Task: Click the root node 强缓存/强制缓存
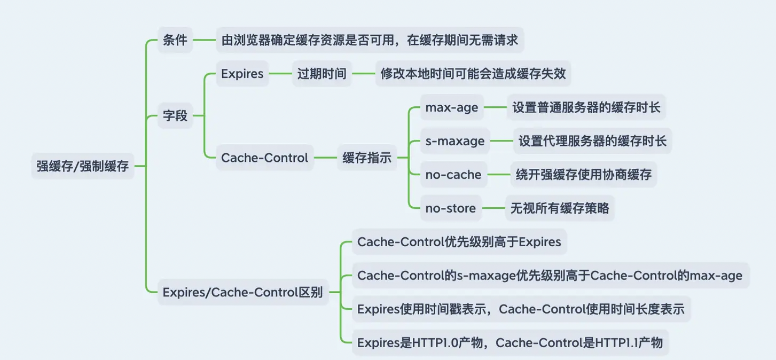point(83,166)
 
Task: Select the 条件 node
point(175,40)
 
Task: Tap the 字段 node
point(175,115)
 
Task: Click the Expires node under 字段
point(242,74)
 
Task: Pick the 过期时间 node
point(322,74)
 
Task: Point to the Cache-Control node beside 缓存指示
point(264,158)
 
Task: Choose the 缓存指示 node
point(367,158)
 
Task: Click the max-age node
point(451,107)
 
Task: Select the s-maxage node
point(454,141)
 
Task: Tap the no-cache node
point(453,175)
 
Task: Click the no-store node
point(450,208)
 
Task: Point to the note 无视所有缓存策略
point(560,208)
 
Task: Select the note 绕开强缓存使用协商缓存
point(583,175)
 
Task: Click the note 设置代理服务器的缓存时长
point(593,141)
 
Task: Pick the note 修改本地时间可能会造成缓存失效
point(473,74)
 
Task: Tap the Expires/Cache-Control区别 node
point(242,292)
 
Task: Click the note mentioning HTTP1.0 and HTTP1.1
point(510,342)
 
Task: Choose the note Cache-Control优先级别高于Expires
point(459,242)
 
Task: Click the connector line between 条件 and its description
point(204,40)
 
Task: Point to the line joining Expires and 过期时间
point(280,74)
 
